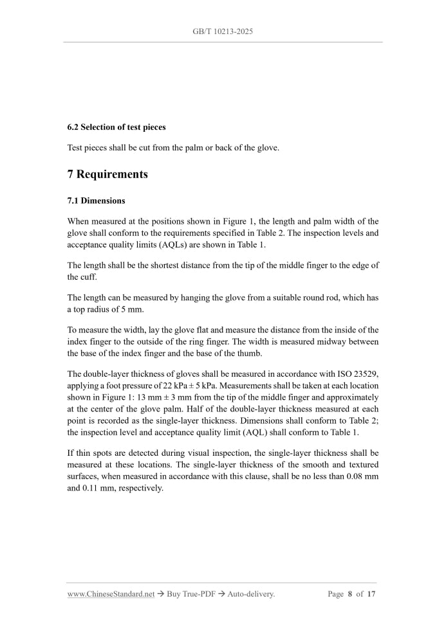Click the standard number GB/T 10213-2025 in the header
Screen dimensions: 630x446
pos(223,31)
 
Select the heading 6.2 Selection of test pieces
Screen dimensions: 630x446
pos(116,127)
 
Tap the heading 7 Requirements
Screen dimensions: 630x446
pos(107,174)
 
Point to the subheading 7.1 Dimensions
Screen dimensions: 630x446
pos(96,201)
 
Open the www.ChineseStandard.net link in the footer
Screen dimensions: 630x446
pos(111,594)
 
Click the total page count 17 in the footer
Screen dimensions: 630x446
pos(371,594)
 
